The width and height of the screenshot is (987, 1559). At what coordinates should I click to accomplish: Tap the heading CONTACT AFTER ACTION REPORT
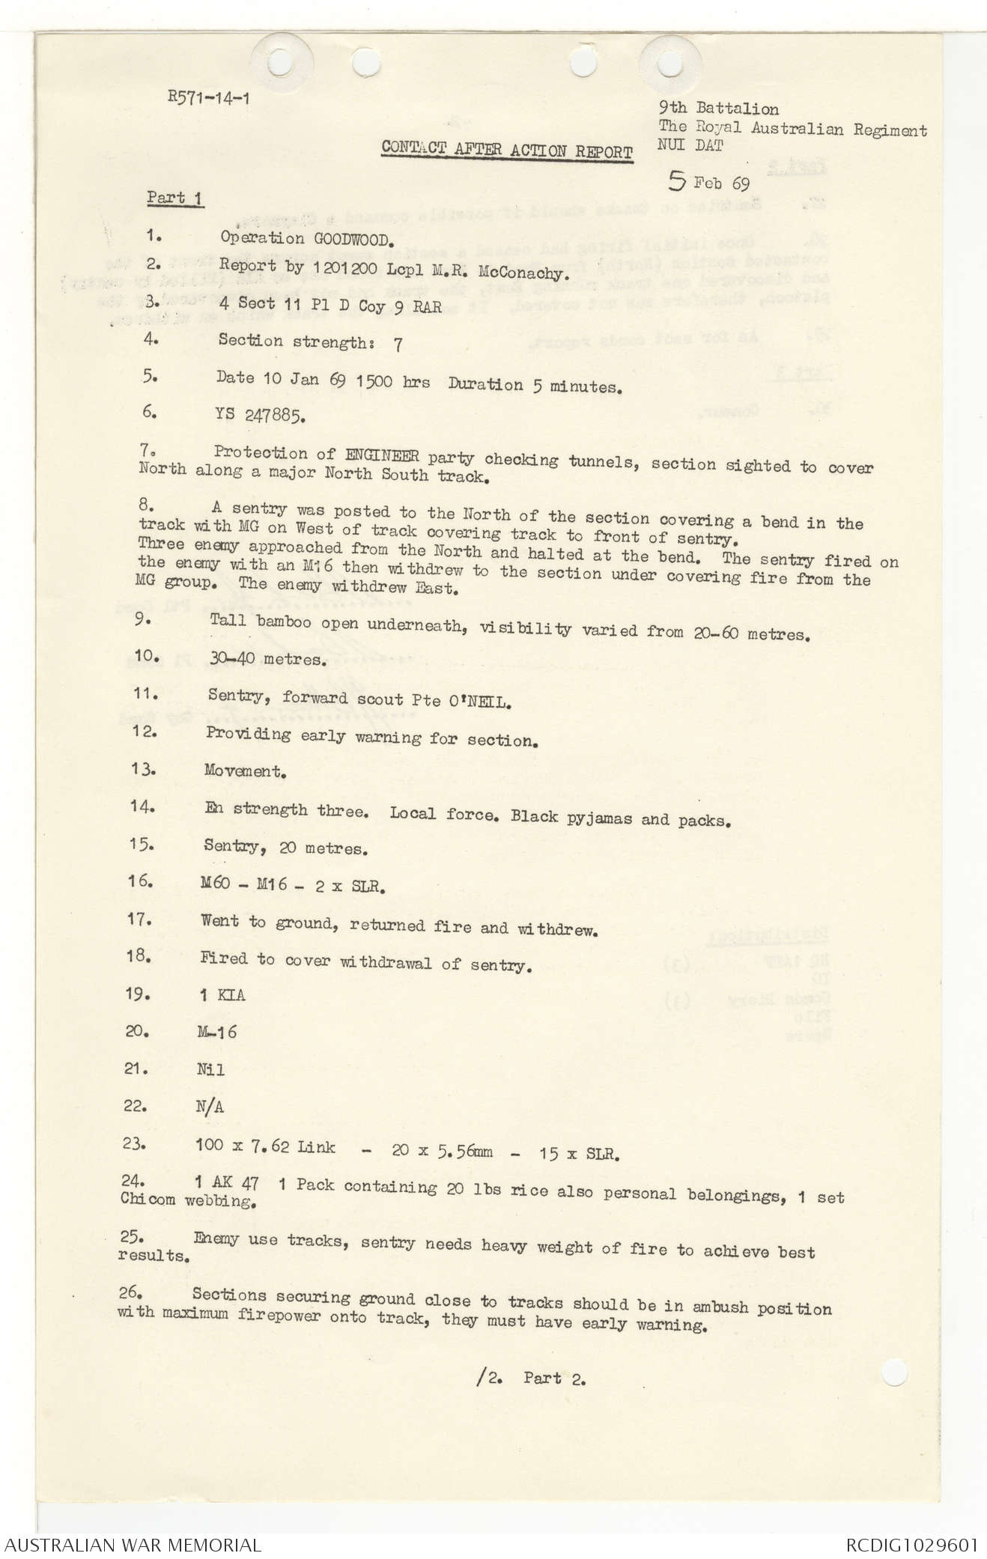507,149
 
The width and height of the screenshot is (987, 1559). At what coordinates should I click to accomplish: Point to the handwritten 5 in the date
677,180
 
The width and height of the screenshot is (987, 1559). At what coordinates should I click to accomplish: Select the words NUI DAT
690,146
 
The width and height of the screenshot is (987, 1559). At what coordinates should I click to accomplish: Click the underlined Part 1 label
175,198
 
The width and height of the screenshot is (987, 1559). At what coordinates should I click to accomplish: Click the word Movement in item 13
244,771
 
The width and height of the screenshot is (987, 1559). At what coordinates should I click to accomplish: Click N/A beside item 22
209,1106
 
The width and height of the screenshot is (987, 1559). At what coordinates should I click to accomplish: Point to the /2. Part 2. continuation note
531,1378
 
